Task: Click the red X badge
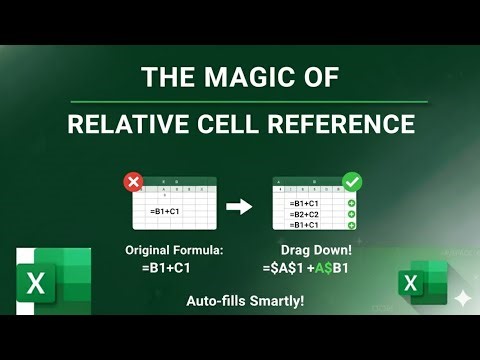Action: (x=131, y=183)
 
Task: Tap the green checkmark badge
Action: (x=352, y=183)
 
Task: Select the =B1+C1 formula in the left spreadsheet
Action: (x=167, y=212)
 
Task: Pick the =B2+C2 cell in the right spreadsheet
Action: (x=305, y=213)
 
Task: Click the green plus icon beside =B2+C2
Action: (x=351, y=213)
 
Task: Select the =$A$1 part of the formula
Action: (x=280, y=268)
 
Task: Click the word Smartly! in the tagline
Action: (x=274, y=299)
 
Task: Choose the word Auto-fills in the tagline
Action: (x=209, y=299)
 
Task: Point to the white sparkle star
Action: (x=462, y=298)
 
